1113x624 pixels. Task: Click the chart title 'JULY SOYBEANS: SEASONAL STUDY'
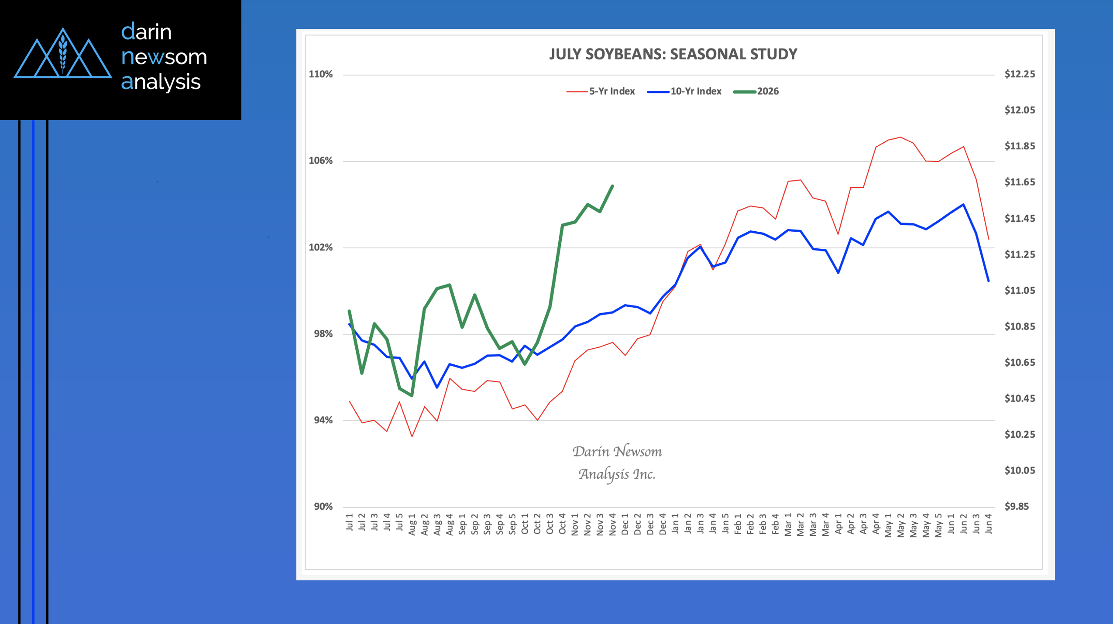(x=673, y=54)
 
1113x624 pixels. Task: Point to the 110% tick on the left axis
(x=321, y=74)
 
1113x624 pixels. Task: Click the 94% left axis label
(x=323, y=420)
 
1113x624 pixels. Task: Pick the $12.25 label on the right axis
(x=1020, y=74)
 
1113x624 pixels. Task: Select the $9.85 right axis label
(x=1017, y=507)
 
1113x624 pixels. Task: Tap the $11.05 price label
(x=1020, y=291)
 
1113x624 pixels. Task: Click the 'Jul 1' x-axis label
(x=350, y=522)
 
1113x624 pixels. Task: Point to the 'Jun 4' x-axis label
(x=989, y=523)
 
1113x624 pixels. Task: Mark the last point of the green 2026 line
(x=613, y=186)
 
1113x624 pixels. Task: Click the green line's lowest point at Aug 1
(x=412, y=396)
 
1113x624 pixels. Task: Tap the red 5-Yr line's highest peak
(x=901, y=137)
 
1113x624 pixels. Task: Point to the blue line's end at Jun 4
(x=989, y=281)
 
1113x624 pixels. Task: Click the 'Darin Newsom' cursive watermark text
(x=617, y=452)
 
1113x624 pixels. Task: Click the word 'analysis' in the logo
(x=161, y=82)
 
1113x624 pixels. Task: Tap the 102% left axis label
(x=321, y=247)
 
